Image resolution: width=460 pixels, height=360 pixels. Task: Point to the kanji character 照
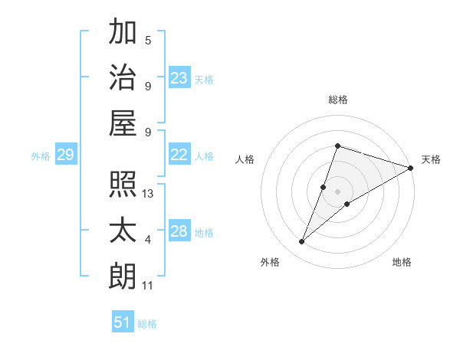[123, 184]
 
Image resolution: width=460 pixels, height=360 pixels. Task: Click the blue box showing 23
[179, 77]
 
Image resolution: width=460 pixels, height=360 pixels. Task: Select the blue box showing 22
[179, 155]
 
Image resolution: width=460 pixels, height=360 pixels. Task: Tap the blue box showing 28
[179, 231]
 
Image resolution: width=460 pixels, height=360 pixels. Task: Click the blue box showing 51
[123, 322]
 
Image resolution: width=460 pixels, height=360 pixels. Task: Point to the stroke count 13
[148, 194]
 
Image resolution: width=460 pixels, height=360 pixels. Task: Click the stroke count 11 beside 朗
[148, 286]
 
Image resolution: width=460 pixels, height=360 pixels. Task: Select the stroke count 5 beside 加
[148, 41]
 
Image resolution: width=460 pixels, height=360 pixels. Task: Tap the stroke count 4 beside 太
[148, 240]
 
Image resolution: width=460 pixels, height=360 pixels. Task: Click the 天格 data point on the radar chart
[410, 168]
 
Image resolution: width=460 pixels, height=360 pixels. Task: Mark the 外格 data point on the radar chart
[302, 242]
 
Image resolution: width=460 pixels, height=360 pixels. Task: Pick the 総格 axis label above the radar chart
[338, 100]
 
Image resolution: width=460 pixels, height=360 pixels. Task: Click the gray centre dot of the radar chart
[338, 191]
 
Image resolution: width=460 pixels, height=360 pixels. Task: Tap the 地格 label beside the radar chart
[402, 262]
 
